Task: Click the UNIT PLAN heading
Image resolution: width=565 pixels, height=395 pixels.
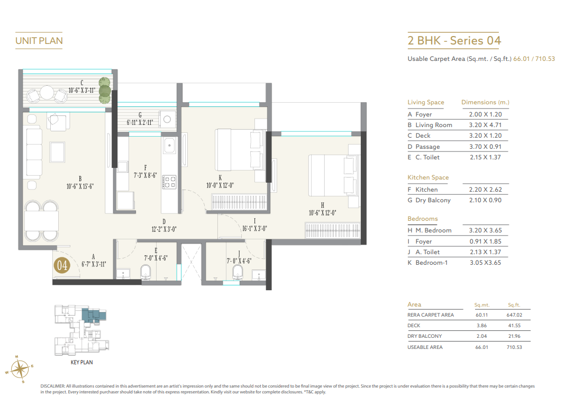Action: tap(39, 41)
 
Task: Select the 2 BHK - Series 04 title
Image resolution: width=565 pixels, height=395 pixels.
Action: tap(454, 41)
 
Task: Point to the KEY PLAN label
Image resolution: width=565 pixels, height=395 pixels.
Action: tap(81, 363)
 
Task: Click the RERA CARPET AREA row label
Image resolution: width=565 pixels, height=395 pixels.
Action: tap(431, 315)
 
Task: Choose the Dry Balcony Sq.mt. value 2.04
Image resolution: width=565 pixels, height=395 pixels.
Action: tap(481, 336)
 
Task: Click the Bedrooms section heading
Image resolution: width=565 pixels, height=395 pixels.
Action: tap(422, 219)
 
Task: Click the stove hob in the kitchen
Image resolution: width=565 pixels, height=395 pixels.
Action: tap(170, 182)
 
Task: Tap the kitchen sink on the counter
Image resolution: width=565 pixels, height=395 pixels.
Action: tap(170, 144)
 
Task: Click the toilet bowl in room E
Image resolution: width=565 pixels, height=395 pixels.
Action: tap(147, 272)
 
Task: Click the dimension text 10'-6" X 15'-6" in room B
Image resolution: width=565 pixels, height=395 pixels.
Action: tap(80, 186)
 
